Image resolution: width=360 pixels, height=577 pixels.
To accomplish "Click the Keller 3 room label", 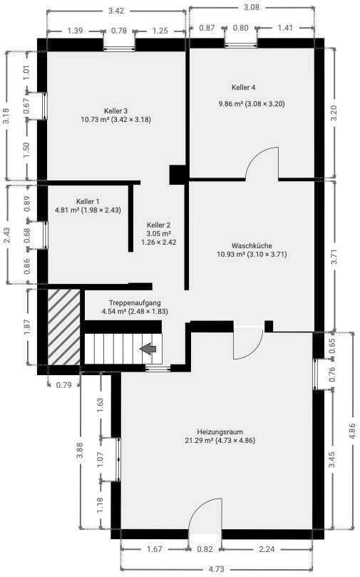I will click(115, 111).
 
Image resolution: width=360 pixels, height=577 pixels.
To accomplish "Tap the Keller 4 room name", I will click(243, 88).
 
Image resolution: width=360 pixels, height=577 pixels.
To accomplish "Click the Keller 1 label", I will click(68, 201).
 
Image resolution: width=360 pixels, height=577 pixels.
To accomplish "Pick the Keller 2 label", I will click(158, 225).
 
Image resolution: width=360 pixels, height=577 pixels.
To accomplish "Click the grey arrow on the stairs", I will click(148, 349).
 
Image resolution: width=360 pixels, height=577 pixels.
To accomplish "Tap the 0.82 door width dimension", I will click(205, 550).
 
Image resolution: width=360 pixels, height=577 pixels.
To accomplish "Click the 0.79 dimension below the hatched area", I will click(63, 386).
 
